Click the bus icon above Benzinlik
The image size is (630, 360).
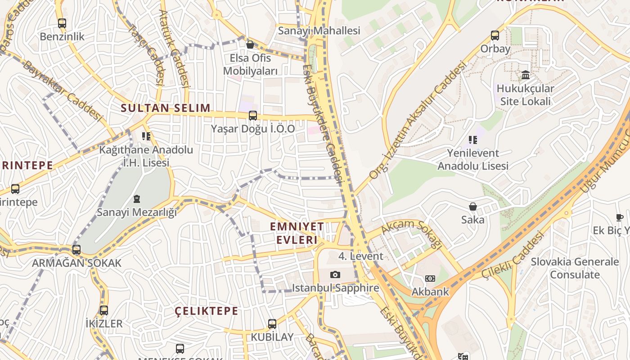tap(62, 23)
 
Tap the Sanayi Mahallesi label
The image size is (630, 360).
tap(319, 31)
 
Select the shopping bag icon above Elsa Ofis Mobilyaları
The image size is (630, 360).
tap(250, 45)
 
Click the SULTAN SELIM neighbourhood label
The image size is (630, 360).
tap(166, 108)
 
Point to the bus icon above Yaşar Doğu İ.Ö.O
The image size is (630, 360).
tap(253, 116)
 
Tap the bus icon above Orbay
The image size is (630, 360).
tap(495, 36)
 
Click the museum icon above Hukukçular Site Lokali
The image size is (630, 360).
tap(525, 75)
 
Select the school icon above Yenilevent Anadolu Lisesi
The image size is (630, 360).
tap(472, 140)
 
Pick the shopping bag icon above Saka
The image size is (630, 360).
tap(473, 207)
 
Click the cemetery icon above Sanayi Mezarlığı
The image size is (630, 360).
tap(137, 199)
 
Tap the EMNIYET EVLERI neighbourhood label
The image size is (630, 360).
tap(297, 233)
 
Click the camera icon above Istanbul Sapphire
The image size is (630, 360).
tap(335, 274)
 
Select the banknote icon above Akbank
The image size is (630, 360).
tap(430, 279)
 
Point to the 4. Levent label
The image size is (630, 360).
tap(361, 256)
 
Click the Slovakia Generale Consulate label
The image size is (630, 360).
tap(575, 268)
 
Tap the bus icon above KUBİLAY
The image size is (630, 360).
tap(272, 324)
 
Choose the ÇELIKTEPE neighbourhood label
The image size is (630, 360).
tap(207, 311)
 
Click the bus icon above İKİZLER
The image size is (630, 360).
tap(104, 310)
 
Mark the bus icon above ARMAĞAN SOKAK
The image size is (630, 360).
tap(76, 250)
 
